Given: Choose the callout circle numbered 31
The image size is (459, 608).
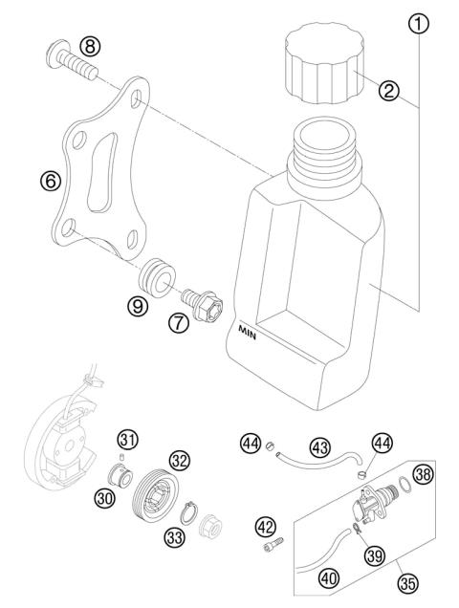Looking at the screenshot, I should pos(126,441).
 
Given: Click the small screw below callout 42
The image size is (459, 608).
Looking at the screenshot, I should pos(268,548).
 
